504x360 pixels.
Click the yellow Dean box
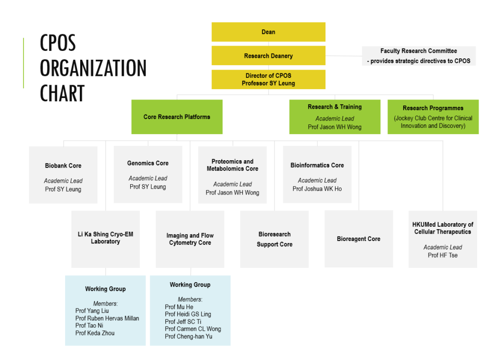coord(268,32)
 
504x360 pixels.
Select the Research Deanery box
coord(268,56)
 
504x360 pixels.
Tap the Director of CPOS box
coord(268,79)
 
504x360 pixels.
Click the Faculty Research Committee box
coord(418,56)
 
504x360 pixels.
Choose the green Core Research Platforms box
coord(177,117)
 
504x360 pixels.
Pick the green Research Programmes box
coord(433,117)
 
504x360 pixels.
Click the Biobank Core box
coord(63,175)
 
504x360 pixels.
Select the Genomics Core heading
coord(148,163)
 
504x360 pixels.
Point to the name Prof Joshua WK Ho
coord(317,189)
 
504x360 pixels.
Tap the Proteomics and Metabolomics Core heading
coord(232,165)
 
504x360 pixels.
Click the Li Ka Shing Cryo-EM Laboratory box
coord(105,239)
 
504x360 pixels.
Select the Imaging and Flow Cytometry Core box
coord(190,239)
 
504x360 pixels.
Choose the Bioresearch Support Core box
coord(275,239)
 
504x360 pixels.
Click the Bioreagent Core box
coord(359,239)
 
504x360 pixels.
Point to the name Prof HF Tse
coord(443,255)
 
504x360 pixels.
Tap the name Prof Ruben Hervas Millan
coord(107,318)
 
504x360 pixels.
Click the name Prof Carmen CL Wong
coord(193,329)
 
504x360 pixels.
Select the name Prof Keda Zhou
coord(95,333)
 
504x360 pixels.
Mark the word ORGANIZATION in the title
coord(93,68)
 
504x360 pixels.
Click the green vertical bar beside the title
coord(23,63)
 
